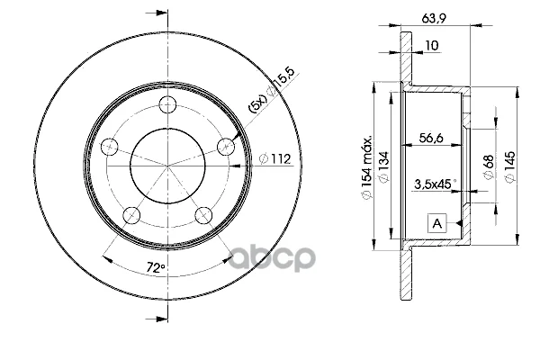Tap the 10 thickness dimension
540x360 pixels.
click(x=432, y=46)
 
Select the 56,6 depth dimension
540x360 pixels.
click(x=431, y=138)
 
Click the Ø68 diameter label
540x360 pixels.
click(x=489, y=166)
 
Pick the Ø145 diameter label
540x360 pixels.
click(x=510, y=166)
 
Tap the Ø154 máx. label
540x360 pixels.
click(x=367, y=167)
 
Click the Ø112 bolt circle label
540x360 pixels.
click(x=274, y=158)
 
